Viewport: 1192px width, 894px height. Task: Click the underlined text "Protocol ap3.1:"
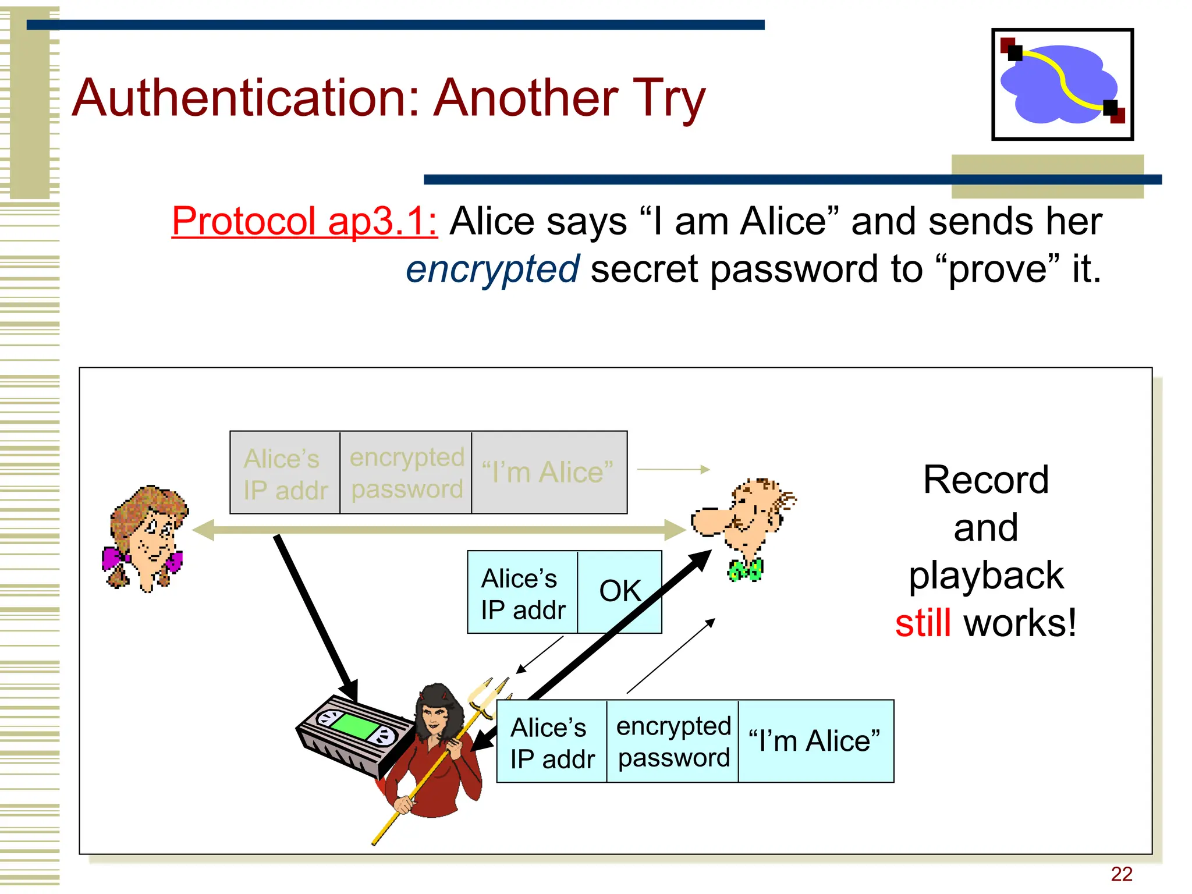[x=304, y=222]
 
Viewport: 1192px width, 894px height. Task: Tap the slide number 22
[x=1121, y=874]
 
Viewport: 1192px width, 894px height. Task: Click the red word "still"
[x=923, y=623]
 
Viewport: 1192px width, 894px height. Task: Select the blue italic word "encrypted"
[x=492, y=269]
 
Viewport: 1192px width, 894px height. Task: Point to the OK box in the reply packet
[x=619, y=591]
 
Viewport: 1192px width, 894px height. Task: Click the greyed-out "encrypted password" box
[x=406, y=473]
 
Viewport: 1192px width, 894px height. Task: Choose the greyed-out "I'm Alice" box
[x=548, y=473]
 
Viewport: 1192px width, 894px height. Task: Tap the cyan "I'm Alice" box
[x=815, y=741]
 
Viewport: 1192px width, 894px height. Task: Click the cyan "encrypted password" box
[x=673, y=741]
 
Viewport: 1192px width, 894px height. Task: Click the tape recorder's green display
[x=355, y=726]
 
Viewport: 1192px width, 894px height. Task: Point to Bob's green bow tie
[x=746, y=570]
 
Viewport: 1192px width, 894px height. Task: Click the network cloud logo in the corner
[x=1062, y=84]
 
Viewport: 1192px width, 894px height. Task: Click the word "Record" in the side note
[x=986, y=480]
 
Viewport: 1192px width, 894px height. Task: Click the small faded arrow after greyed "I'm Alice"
[x=673, y=469]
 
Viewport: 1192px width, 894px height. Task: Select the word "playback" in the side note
[x=986, y=576]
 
